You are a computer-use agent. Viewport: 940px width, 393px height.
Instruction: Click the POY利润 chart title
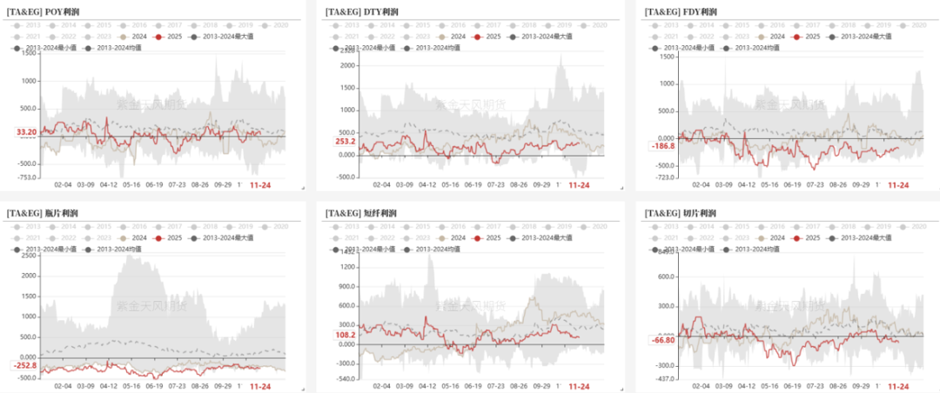(44, 11)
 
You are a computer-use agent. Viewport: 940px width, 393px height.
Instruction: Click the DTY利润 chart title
(362, 11)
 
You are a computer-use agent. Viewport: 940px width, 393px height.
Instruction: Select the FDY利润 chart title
(681, 11)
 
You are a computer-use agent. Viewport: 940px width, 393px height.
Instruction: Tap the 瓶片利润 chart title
(44, 213)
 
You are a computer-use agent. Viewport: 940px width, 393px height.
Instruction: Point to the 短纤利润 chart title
(362, 213)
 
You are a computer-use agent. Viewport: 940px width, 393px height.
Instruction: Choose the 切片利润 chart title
(681, 213)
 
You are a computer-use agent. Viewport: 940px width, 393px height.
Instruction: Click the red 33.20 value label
(26, 132)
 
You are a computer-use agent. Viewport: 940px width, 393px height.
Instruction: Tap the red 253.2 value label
(345, 141)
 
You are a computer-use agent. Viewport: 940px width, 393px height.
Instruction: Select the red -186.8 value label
(664, 146)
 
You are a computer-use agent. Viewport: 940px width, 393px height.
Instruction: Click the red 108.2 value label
(345, 335)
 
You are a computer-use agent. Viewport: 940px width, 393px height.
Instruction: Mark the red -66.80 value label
(663, 341)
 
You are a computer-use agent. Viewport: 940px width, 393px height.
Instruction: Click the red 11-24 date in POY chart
(261, 185)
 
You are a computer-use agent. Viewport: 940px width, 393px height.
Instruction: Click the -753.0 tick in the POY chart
(29, 177)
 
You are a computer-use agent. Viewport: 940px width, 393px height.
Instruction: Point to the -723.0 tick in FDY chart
(666, 177)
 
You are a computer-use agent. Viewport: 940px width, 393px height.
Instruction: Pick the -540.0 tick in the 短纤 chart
(346, 379)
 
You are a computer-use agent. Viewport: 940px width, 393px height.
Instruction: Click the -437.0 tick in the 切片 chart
(666, 379)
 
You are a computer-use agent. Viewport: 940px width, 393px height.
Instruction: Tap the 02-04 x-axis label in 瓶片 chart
(63, 386)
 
